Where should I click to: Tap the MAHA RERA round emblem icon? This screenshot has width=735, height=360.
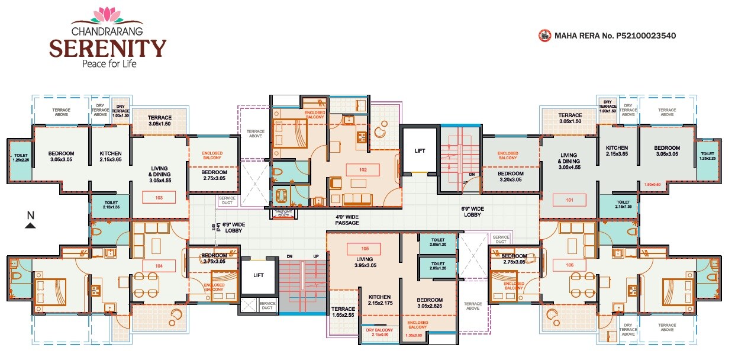544,36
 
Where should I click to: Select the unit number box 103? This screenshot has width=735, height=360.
159,197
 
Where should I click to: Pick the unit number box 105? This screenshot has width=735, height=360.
365,248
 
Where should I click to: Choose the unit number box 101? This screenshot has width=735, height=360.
569,200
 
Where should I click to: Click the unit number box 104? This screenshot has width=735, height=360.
159,266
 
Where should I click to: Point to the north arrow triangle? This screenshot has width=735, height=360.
31,225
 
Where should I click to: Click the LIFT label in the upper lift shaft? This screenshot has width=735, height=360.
420,151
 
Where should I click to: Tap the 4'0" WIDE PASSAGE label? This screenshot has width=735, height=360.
347,220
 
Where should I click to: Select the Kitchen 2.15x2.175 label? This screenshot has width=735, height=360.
379,300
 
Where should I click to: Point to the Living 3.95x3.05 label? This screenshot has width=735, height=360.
365,262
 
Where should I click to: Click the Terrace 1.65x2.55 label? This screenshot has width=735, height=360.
343,312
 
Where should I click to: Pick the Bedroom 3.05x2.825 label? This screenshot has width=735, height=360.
429,303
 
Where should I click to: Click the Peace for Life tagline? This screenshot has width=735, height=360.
108,63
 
